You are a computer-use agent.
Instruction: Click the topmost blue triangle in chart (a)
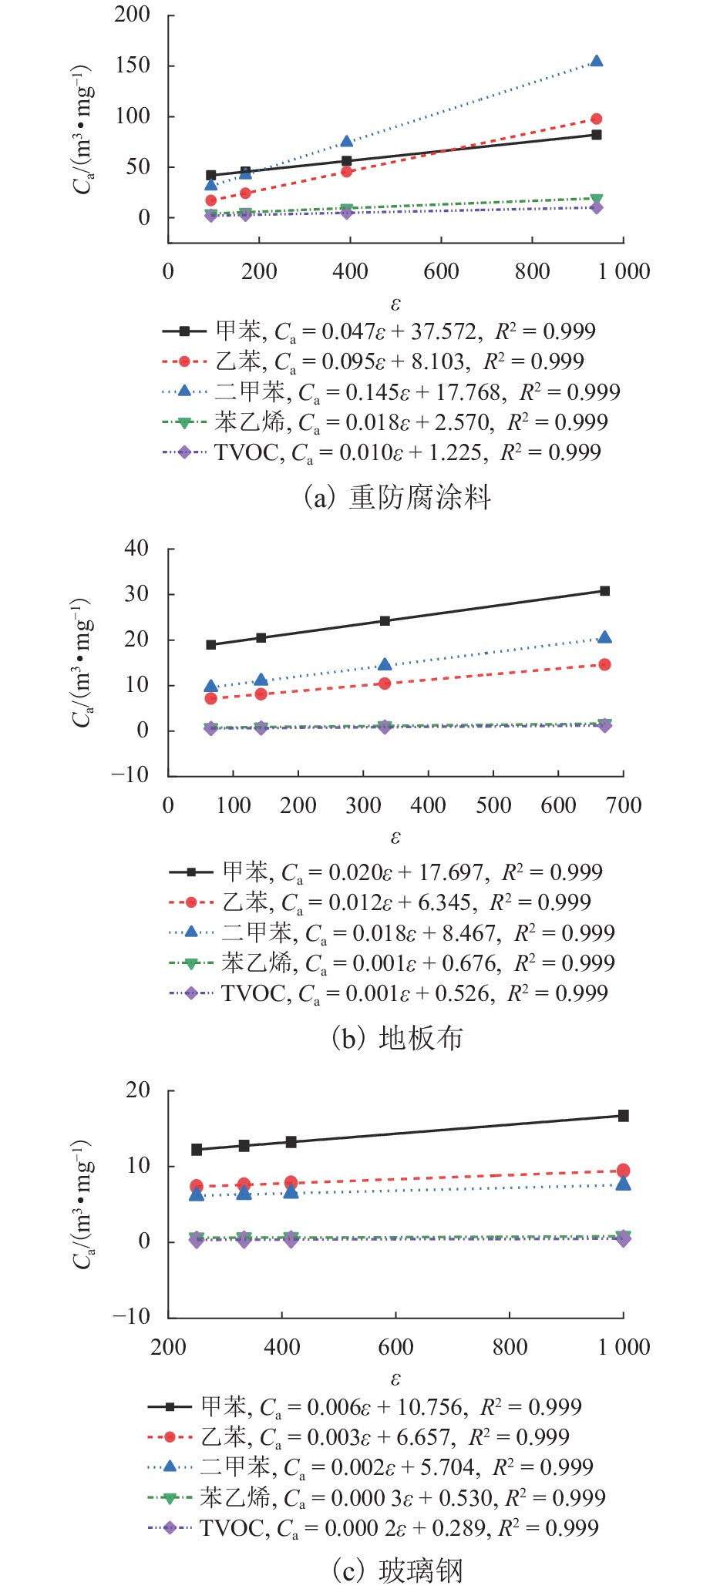pyautogui.click(x=596, y=61)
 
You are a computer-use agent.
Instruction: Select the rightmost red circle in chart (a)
pyautogui.click(x=596, y=119)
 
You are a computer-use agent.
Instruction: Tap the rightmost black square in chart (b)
pyautogui.click(x=604, y=591)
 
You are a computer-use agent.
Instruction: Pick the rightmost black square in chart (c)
pyautogui.click(x=623, y=1115)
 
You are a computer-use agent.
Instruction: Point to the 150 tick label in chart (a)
pyautogui.click(x=132, y=66)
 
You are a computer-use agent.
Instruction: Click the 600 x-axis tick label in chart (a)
pyautogui.click(x=441, y=271)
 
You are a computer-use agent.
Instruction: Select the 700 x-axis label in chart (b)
pyautogui.click(x=623, y=805)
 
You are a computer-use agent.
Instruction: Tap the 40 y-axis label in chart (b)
pyautogui.click(x=136, y=549)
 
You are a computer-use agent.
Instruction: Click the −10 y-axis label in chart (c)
pyautogui.click(x=130, y=1315)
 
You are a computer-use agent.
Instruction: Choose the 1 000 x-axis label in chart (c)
pyautogui.click(x=624, y=1347)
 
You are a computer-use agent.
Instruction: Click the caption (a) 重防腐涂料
pyautogui.click(x=397, y=497)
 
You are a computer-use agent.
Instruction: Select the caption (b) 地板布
pyautogui.click(x=397, y=1038)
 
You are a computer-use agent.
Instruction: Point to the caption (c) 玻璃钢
pyautogui.click(x=397, y=1570)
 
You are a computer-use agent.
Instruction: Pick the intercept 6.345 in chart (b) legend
pyautogui.click(x=442, y=902)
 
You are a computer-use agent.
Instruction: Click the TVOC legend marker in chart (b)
pyautogui.click(x=190, y=993)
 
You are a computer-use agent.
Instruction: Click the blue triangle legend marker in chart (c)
pyautogui.click(x=170, y=1466)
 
